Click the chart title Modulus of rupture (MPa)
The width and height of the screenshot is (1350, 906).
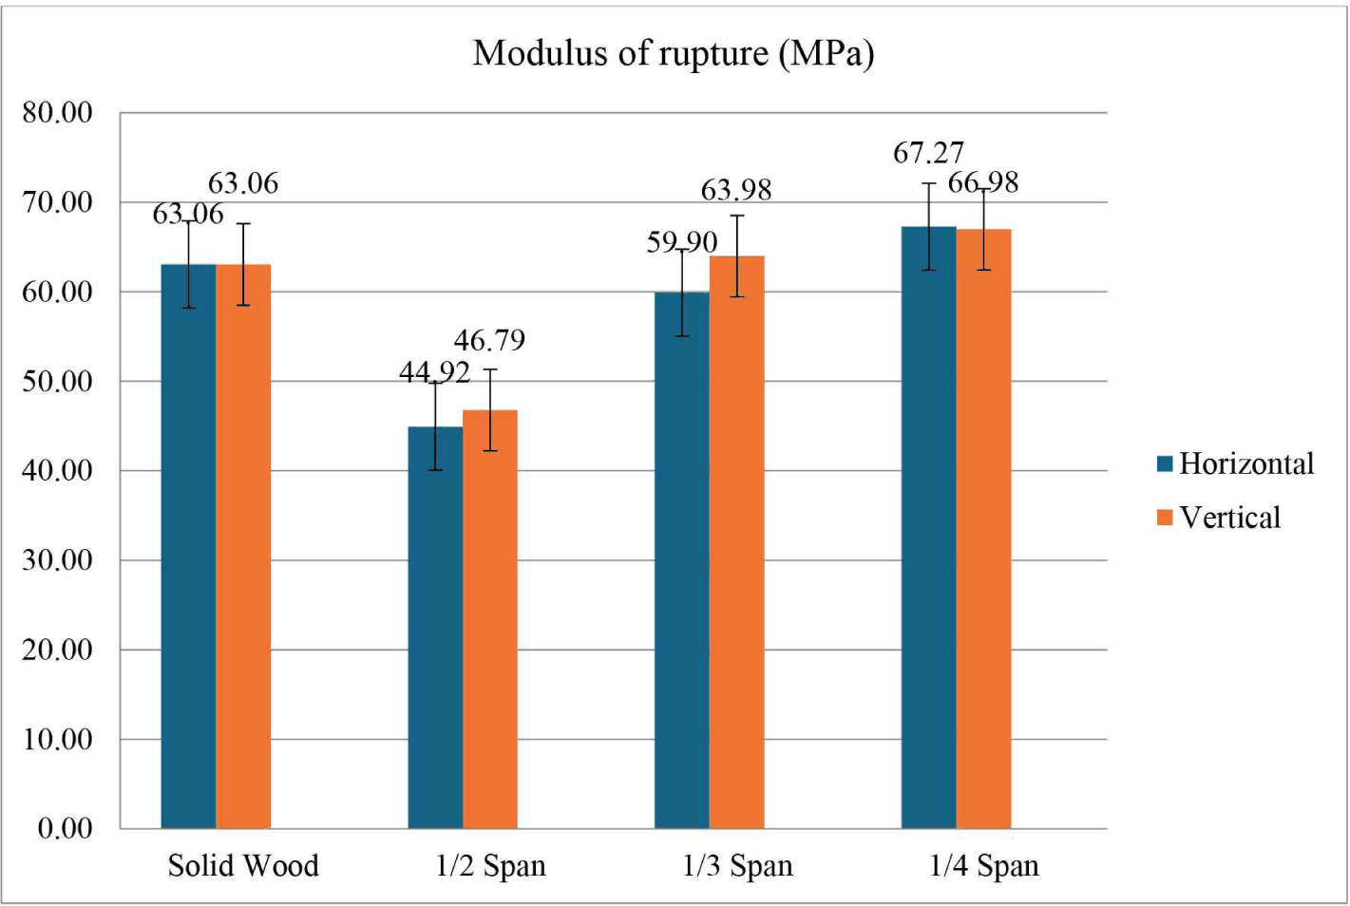point(674,53)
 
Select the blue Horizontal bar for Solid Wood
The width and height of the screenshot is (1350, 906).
point(189,546)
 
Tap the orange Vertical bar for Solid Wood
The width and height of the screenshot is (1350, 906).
point(243,546)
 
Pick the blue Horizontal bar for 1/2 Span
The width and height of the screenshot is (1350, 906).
point(436,628)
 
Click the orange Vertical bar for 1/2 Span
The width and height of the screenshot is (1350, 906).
point(490,619)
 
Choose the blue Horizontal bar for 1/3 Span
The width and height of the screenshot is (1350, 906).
point(682,561)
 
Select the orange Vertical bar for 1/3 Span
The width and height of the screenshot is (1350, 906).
point(737,542)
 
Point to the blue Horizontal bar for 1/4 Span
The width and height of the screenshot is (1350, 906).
point(929,528)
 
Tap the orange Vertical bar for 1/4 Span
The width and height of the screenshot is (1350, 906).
point(983,529)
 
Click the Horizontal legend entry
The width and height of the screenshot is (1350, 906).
point(1235,463)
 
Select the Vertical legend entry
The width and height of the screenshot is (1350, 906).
point(1219,518)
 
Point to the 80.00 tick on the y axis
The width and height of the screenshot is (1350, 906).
point(57,113)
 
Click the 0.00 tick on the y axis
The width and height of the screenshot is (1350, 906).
point(66,829)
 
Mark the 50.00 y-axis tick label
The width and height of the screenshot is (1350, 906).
point(57,382)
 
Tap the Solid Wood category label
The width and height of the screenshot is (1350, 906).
point(243,866)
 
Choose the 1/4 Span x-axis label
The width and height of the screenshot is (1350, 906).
point(984,866)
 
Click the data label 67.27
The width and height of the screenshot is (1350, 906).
point(929,153)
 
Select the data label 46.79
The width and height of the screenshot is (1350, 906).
point(490,340)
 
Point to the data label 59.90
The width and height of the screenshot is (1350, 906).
point(682,243)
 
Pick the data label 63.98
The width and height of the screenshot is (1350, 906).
point(736,190)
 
